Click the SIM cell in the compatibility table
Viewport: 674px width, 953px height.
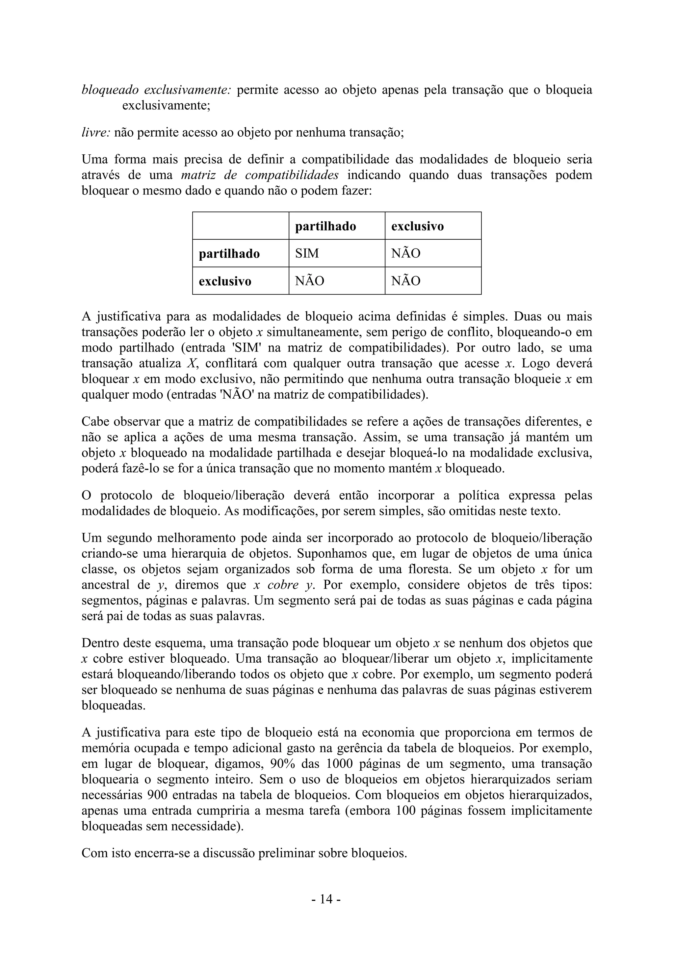tap(307, 253)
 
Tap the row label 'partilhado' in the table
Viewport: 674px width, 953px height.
tap(229, 253)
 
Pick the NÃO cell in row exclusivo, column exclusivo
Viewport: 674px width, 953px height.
tap(405, 281)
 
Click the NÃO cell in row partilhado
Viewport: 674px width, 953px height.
tap(405, 253)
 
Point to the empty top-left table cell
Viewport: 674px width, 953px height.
tap(240, 226)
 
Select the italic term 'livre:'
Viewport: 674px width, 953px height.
tap(95, 132)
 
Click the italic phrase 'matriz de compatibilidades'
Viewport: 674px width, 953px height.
tap(260, 175)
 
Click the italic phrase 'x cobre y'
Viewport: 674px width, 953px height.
tap(283, 585)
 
